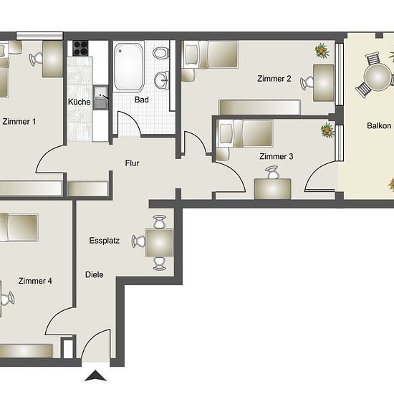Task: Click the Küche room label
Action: (x=79, y=102)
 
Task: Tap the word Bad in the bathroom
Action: (x=142, y=100)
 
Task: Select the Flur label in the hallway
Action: (x=133, y=163)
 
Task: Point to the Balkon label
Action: (x=379, y=125)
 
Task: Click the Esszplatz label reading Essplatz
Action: (x=105, y=241)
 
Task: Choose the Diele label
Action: (x=95, y=274)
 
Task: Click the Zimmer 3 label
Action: (x=276, y=157)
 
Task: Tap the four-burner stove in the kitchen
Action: (x=80, y=48)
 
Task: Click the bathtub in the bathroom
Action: (x=129, y=67)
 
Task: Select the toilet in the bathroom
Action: (x=160, y=53)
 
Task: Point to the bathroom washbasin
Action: (x=162, y=80)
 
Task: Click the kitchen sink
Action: (x=101, y=97)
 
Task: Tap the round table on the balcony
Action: (x=378, y=77)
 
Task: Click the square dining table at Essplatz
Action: (x=159, y=243)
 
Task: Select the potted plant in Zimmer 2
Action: (x=322, y=51)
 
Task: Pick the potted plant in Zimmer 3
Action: (x=327, y=130)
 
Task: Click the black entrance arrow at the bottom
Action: (x=95, y=375)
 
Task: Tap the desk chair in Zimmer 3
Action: (x=272, y=173)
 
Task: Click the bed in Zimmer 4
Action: (x=19, y=228)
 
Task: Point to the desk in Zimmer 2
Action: (x=324, y=83)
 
